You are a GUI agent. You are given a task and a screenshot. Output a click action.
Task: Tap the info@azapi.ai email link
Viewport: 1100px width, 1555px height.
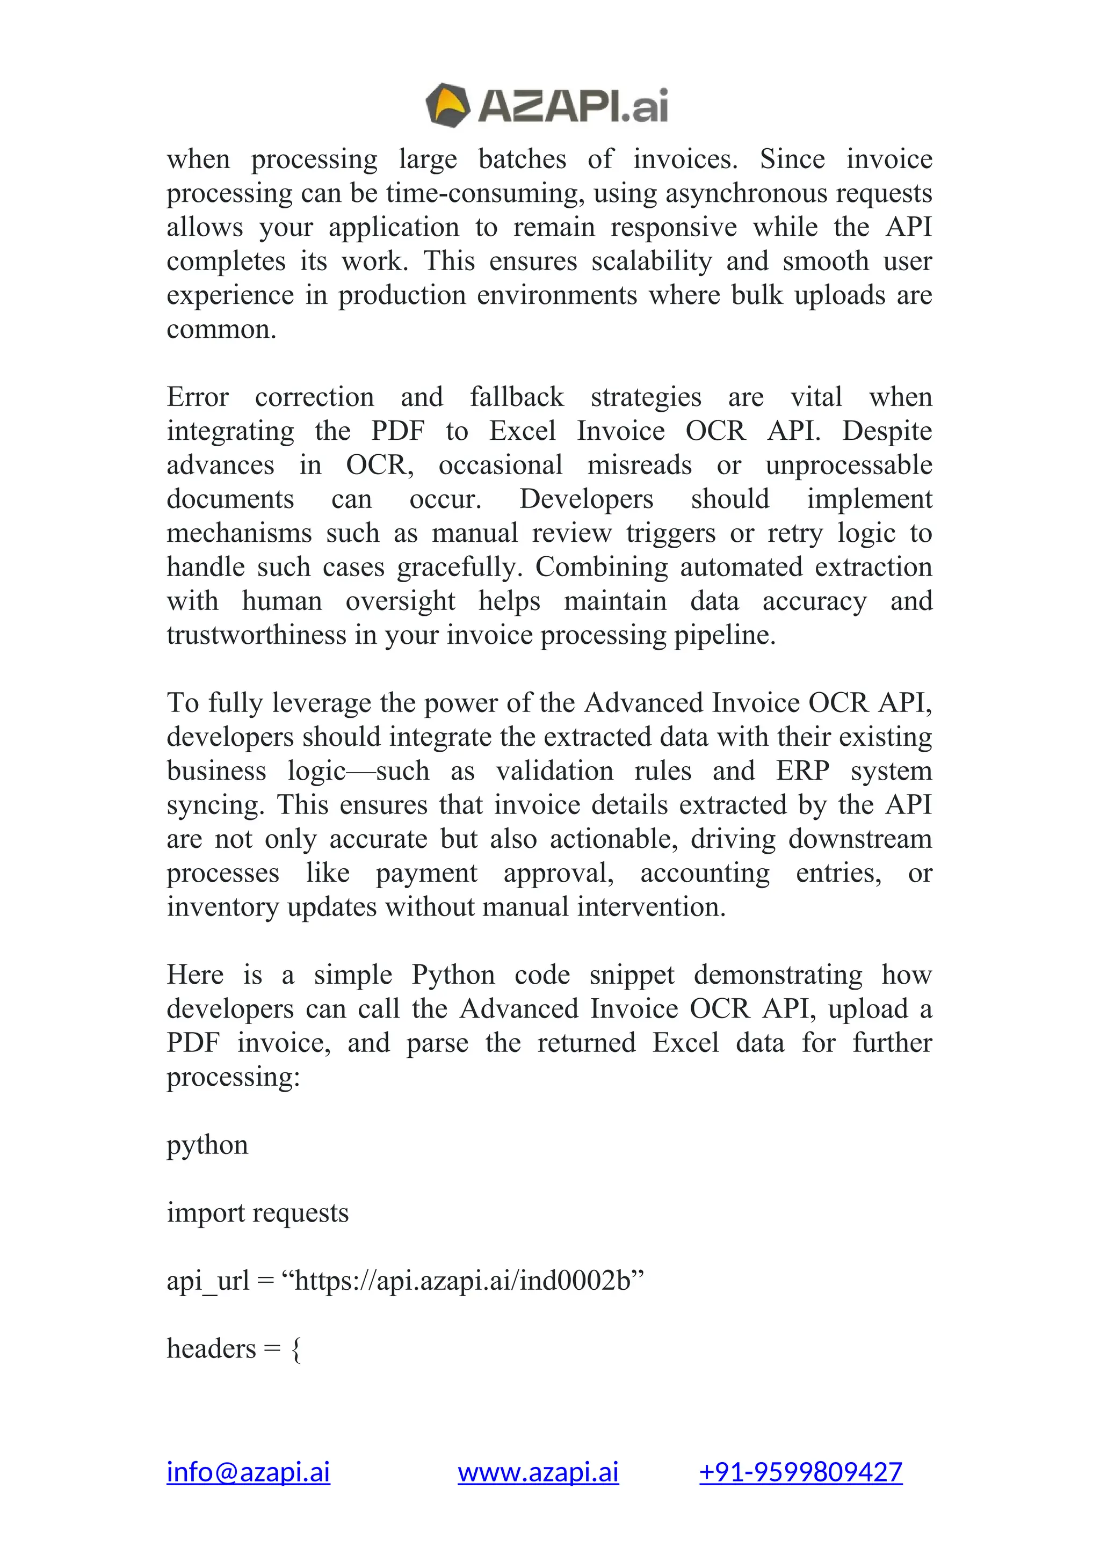248,1472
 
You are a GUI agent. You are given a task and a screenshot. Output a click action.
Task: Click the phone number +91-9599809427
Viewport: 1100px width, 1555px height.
801,1472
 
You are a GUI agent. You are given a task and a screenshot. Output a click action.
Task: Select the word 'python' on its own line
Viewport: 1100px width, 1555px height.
207,1145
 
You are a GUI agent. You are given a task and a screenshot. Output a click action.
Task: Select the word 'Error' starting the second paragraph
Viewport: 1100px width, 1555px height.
198,397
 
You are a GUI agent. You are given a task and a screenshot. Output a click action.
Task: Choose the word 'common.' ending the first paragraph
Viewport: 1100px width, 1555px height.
221,330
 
